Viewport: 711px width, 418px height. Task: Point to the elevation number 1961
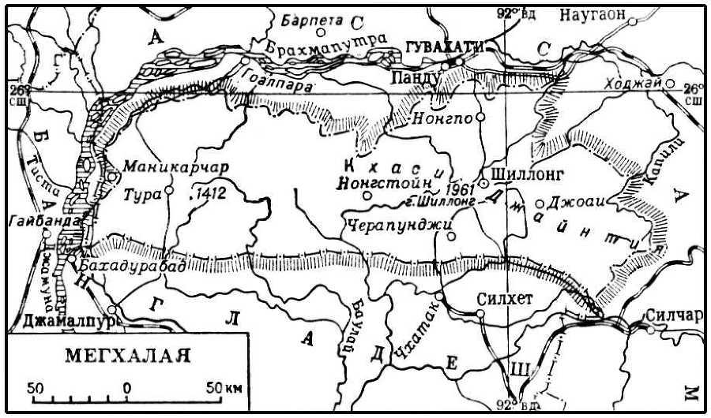pyautogui.click(x=459, y=189)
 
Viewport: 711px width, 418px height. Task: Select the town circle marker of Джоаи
pyautogui.click(x=540, y=203)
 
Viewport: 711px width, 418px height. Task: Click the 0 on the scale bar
pyautogui.click(x=126, y=389)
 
